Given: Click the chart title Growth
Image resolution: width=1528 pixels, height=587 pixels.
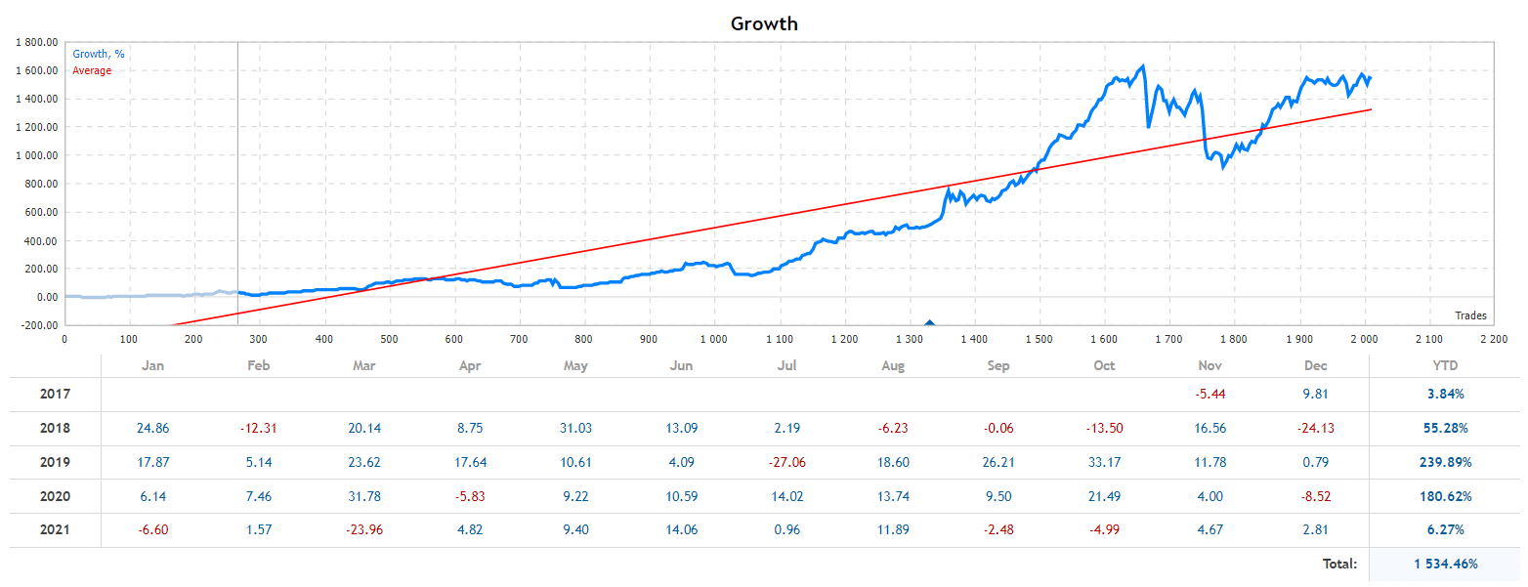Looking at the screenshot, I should click(764, 23).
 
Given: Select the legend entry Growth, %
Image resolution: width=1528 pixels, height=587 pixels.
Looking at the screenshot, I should click(98, 55).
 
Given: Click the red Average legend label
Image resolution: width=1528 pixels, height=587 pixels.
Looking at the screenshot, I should click(92, 70).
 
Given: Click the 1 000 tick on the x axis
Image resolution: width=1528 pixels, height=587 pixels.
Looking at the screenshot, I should click(713, 339).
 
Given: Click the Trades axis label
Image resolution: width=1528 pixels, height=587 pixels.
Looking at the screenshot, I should click(1470, 315).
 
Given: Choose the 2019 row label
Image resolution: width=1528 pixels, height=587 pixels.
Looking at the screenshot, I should click(56, 462).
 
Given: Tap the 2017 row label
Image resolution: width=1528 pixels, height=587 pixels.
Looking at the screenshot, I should click(56, 395).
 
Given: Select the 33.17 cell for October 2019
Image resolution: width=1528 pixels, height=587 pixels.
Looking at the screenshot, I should click(1104, 462).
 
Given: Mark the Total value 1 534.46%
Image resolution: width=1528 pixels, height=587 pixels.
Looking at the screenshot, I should click(1445, 564).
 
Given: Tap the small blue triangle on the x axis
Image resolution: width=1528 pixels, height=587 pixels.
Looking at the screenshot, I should click(929, 321).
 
